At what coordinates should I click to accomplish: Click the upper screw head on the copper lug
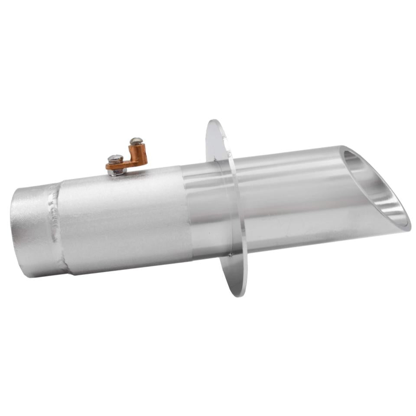pos(136,141)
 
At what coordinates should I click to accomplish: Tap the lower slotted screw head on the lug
pos(115,159)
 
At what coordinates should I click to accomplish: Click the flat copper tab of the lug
pos(126,164)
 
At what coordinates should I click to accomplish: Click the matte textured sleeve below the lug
pos(126,217)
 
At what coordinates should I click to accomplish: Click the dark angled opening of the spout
pos(373,186)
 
